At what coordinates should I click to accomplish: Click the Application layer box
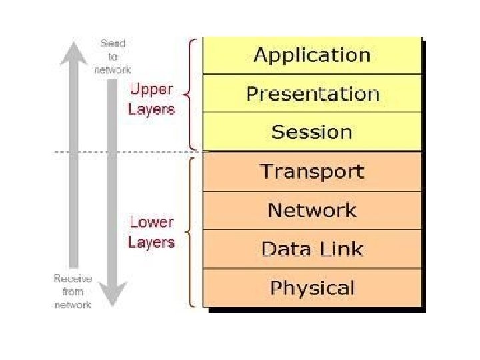[x=312, y=55]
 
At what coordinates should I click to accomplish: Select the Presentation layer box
[x=312, y=94]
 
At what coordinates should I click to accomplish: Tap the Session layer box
[x=312, y=132]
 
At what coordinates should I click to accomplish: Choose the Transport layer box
[x=312, y=171]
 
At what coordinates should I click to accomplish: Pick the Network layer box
[x=312, y=211]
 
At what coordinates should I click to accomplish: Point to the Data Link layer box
[x=312, y=249]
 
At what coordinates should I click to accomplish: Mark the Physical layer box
[x=312, y=288]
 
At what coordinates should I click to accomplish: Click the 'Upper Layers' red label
[x=151, y=99]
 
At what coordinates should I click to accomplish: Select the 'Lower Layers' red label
[x=151, y=232]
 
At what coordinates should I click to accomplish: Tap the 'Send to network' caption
[x=113, y=56]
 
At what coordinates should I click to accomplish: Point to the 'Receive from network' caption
[x=73, y=291]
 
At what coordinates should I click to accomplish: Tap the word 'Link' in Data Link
[x=340, y=249]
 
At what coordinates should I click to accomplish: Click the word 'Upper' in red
[x=151, y=89]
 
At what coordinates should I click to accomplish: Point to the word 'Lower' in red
[x=151, y=222]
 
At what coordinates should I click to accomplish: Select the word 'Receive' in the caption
[x=73, y=278]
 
